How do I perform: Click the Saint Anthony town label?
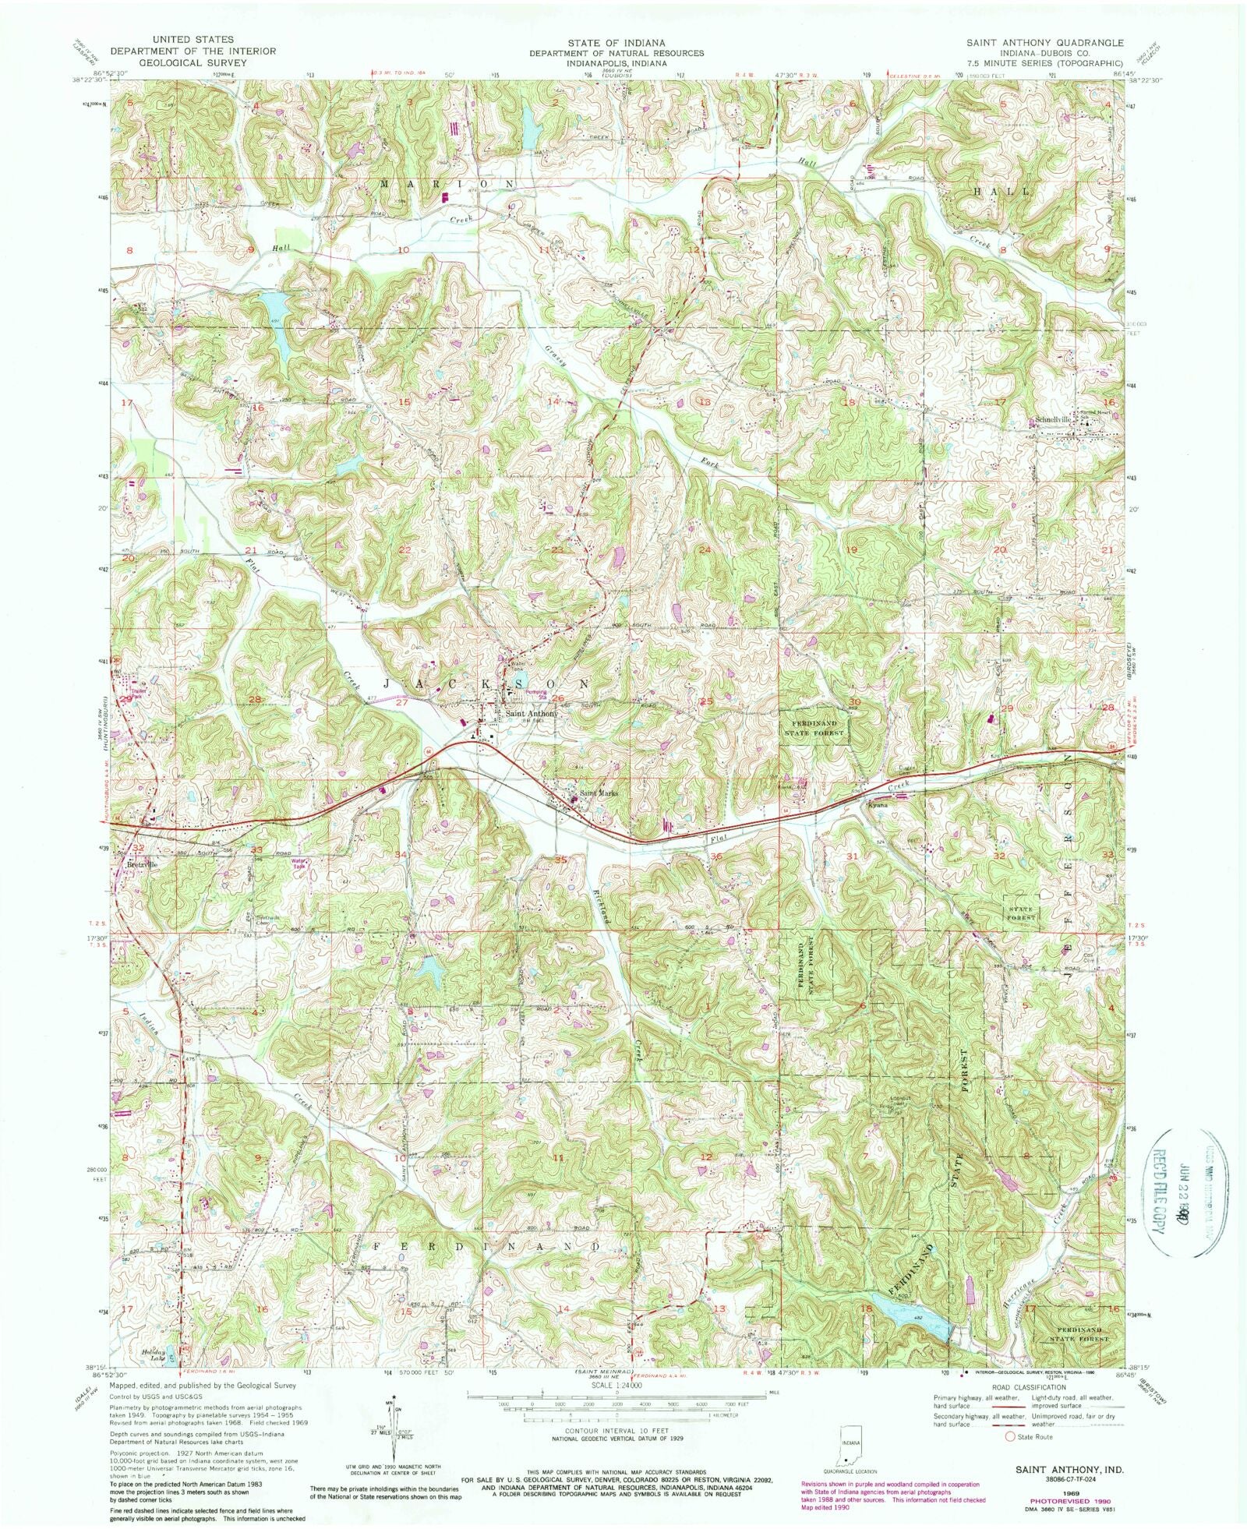pyautogui.click(x=532, y=713)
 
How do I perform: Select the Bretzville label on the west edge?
pyautogui.click(x=142, y=863)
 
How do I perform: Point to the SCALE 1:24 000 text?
pyautogui.click(x=616, y=1386)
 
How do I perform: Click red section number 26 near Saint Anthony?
pyautogui.click(x=558, y=698)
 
